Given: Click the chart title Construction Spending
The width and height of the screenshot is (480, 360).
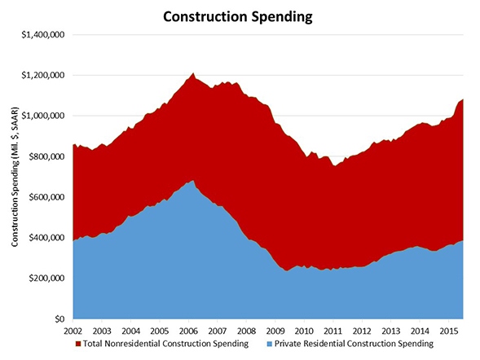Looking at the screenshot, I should (240, 15).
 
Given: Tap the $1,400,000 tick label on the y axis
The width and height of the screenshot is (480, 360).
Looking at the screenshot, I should (42, 35).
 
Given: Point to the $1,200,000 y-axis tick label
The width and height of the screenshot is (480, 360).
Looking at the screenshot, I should (42, 76).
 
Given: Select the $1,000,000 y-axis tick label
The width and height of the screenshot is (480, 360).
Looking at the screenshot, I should (42, 116).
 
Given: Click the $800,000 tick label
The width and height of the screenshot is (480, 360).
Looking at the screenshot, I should (46, 156).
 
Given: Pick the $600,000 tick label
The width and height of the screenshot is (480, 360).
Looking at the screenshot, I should (46, 197).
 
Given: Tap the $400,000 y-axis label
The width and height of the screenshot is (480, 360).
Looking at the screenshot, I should (46, 238).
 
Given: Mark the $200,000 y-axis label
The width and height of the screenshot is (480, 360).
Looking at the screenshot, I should (46, 278).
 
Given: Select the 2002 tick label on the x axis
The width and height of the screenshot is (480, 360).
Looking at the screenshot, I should (73, 331).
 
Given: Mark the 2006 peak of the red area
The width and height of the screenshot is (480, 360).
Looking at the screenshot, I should (193, 73).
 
